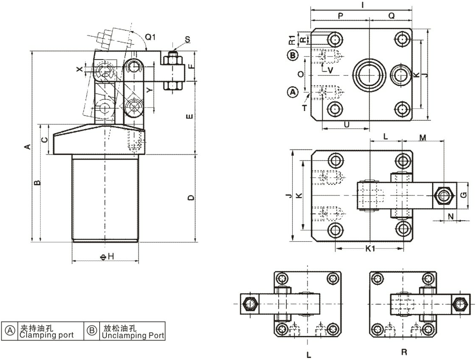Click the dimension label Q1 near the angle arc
[x=150, y=37]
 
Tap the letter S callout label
[x=187, y=40]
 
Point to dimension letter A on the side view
[x=27, y=146]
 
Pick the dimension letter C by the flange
[x=44, y=139]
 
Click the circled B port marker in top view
[x=292, y=55]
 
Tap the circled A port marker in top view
[x=292, y=91]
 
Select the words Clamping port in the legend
[x=46, y=336]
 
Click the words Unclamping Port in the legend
[x=133, y=336]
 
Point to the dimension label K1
[x=370, y=249]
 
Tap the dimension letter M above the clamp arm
[x=423, y=137]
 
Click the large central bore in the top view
[x=369, y=75]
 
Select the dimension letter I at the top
[x=363, y=5]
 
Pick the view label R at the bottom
[x=404, y=352]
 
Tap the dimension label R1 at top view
[x=292, y=40]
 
